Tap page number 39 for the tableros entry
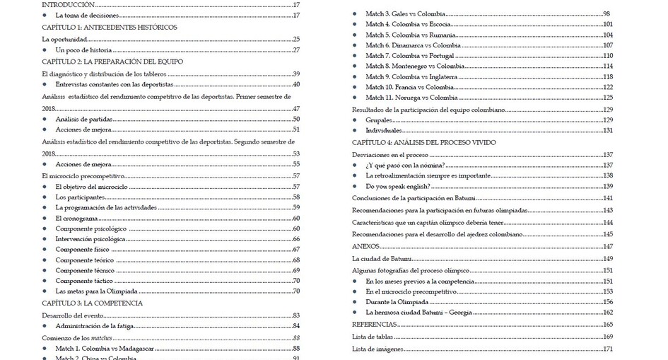click(297, 74)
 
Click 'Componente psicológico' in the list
click(91, 229)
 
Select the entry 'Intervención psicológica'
click(90, 239)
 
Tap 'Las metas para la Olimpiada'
click(98, 291)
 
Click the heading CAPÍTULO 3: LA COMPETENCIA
click(92, 303)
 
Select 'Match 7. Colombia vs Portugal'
click(410, 56)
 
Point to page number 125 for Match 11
click(607, 98)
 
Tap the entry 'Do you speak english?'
click(401, 186)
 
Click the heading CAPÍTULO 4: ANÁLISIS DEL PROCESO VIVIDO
click(424, 143)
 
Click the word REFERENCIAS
click(374, 324)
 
